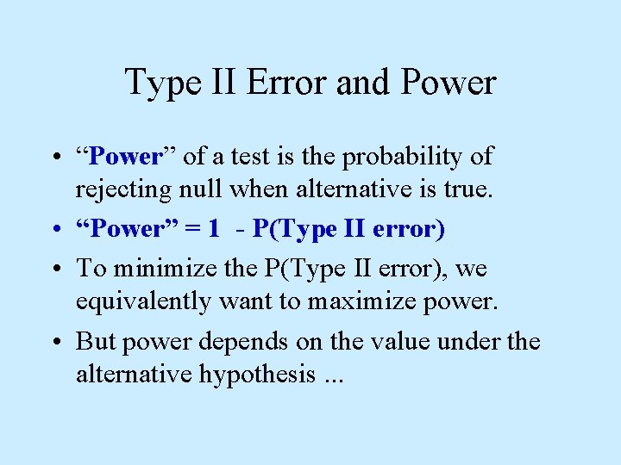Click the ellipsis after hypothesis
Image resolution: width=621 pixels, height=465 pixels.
(x=331, y=379)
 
